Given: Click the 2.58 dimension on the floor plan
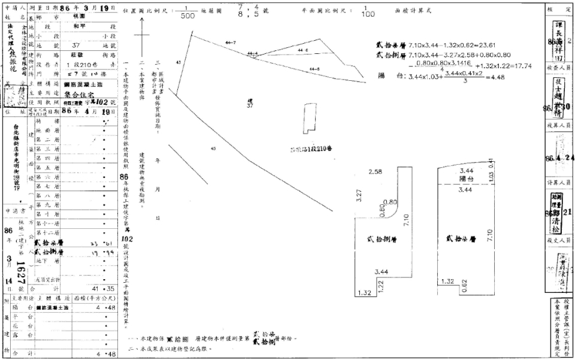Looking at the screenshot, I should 376,173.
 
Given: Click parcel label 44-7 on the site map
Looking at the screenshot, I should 231,43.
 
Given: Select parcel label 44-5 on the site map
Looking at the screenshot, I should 314,70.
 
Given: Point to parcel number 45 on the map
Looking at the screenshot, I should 213,148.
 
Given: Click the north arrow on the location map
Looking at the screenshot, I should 142,36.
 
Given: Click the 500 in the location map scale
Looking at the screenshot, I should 187,17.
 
